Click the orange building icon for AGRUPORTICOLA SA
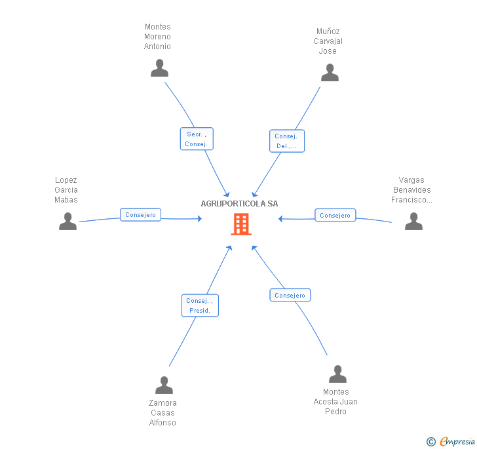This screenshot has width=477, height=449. click(241, 224)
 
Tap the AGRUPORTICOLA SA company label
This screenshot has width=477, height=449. click(239, 204)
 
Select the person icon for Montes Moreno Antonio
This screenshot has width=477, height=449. click(159, 68)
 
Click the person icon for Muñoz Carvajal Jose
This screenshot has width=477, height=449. click(330, 73)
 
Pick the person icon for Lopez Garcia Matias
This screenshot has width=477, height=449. click(67, 222)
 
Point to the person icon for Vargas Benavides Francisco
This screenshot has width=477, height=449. click(413, 222)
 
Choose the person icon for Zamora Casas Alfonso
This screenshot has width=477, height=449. click(164, 385)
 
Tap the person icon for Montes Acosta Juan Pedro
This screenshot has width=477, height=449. click(337, 374)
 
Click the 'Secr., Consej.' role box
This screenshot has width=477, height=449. click(197, 139)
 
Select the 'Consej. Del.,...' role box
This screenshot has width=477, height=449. click(286, 141)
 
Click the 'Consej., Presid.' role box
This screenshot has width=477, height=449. click(200, 305)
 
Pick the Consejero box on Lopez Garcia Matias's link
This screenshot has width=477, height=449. click(140, 215)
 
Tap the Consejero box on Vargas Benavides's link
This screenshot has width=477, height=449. click(335, 215)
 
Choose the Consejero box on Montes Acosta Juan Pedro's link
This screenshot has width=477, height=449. click(290, 296)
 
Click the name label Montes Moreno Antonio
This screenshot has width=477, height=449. click(157, 37)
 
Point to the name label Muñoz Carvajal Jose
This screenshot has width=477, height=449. click(328, 41)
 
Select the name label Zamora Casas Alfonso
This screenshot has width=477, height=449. click(162, 413)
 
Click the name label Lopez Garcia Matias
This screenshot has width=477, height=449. click(66, 190)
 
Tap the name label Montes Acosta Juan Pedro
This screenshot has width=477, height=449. click(335, 402)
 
